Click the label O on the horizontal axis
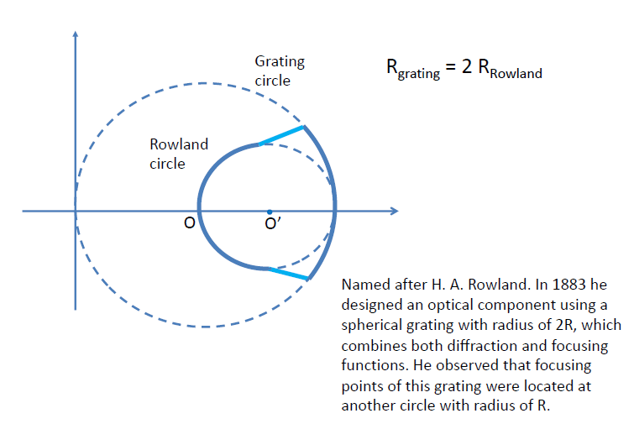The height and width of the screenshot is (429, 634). coord(190,223)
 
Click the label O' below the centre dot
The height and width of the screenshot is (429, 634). coord(272,225)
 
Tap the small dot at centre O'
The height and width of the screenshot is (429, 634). coord(269,211)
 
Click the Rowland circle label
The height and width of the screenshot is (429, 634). coord(178,154)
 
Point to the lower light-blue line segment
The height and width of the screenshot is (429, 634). coord(287,274)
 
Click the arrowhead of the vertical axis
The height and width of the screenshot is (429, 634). coord(76,34)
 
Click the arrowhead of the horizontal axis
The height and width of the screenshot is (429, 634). coord(393,211)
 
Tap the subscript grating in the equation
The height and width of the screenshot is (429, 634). coord(419,75)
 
